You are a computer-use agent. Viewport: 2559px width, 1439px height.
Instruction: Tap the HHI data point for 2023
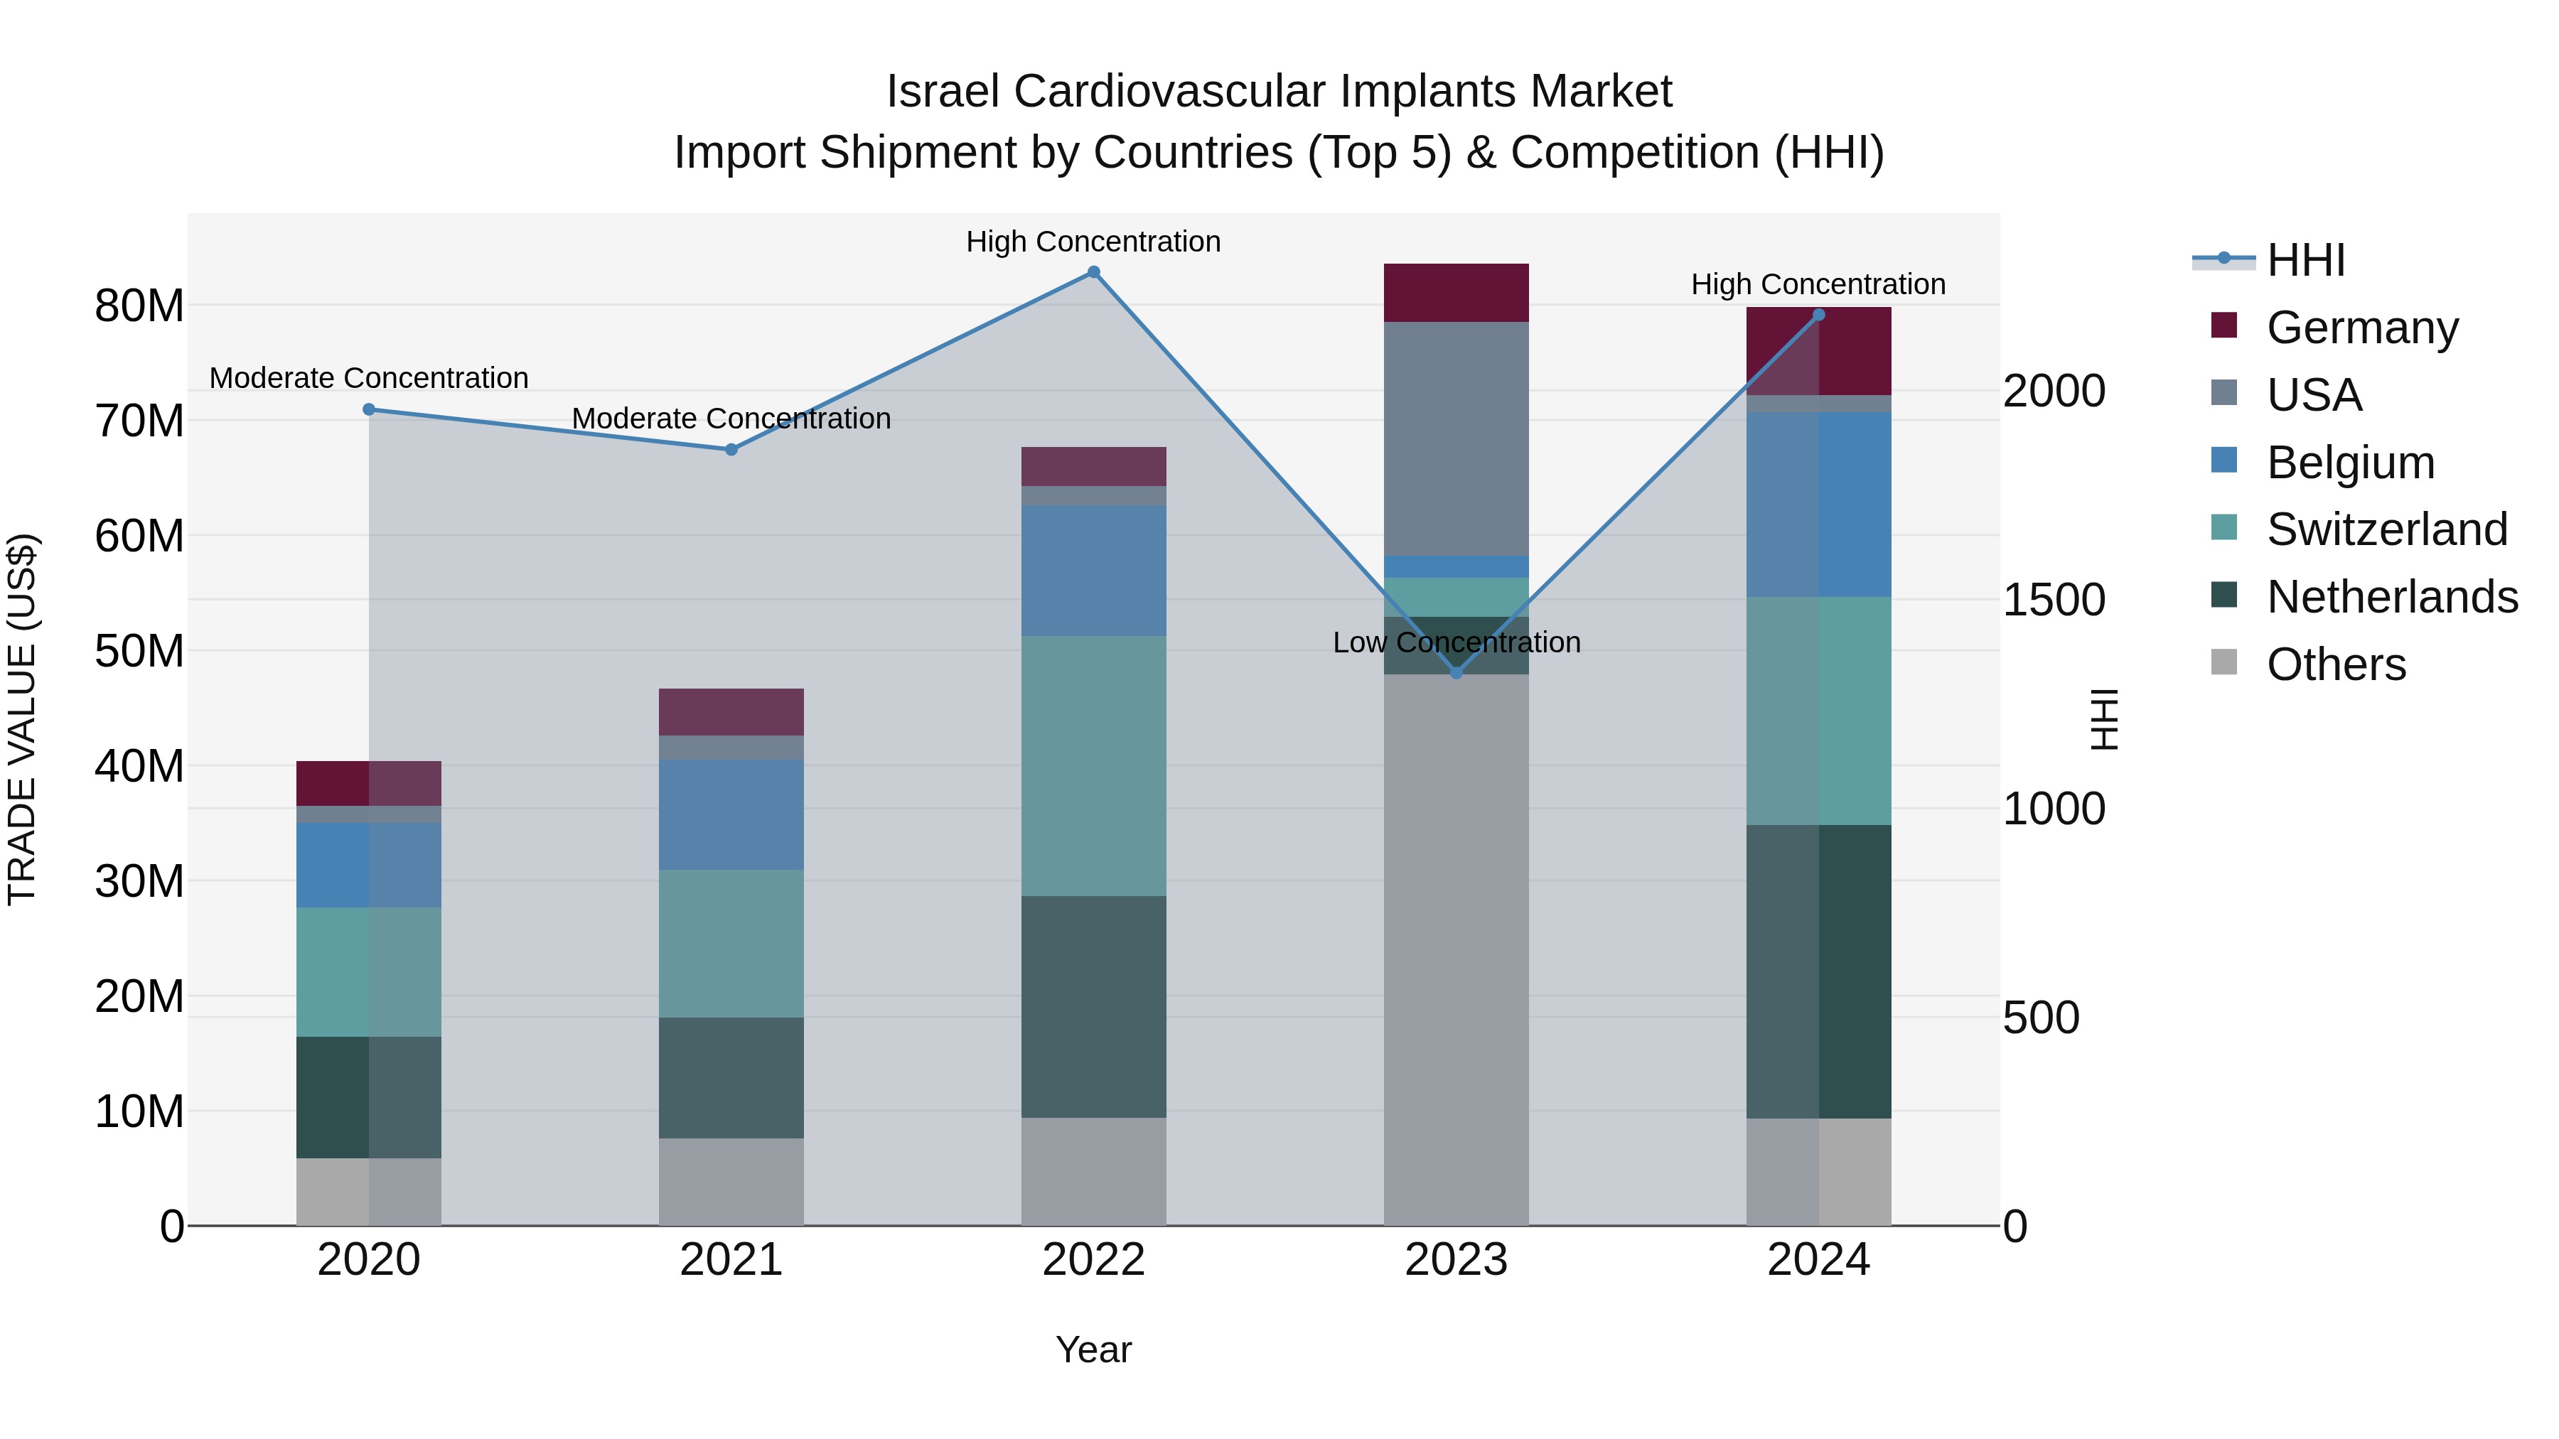click(x=1456, y=672)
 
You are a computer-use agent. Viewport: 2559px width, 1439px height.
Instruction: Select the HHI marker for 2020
click(x=368, y=409)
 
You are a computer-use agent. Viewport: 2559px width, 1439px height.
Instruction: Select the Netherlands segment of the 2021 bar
click(x=731, y=1077)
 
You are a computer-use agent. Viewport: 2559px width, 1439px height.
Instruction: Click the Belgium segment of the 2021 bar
click(x=731, y=814)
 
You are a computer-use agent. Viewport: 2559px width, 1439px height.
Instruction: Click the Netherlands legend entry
click(x=2391, y=597)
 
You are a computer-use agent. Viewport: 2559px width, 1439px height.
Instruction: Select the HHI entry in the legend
click(x=2305, y=260)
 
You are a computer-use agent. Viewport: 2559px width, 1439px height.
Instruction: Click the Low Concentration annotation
click(x=1456, y=642)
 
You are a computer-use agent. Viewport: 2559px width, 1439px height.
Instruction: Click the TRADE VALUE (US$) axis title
click(x=22, y=719)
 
